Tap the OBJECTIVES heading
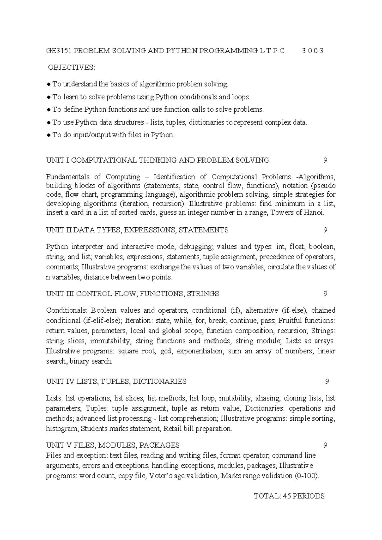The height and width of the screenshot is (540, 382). [x=71, y=67]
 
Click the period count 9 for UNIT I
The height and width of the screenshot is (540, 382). [x=325, y=160]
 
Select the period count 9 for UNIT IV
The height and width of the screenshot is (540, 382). [x=327, y=381]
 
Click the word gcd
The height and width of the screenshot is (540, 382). [x=166, y=351]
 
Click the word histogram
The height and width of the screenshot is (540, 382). [x=62, y=429]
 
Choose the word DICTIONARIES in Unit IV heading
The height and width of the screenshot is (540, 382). [x=159, y=381]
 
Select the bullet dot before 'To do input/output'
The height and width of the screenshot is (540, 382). [x=48, y=135]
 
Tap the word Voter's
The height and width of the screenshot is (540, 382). [x=163, y=476]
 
